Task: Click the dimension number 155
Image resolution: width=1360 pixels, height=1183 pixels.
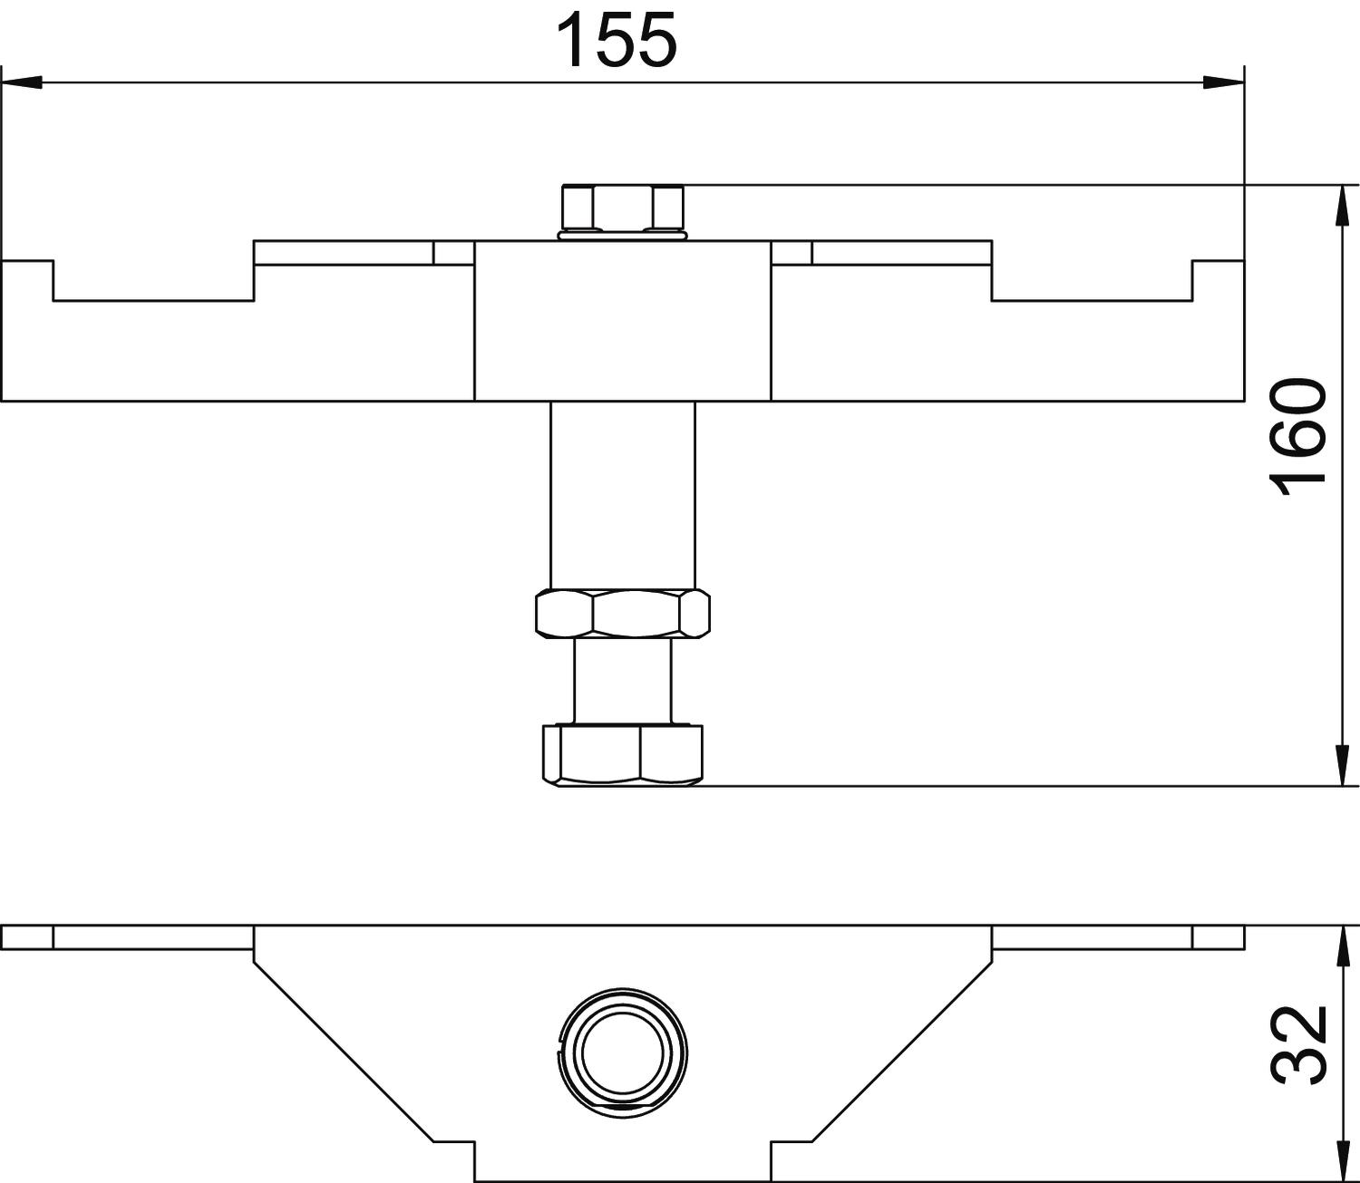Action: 617,41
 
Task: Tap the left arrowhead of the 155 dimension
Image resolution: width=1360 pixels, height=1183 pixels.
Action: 21,82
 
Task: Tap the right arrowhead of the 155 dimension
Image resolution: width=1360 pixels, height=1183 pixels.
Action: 1223,82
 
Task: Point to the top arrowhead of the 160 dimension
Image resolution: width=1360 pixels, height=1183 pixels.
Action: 1343,206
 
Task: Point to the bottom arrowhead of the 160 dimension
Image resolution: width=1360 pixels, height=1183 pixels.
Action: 1343,765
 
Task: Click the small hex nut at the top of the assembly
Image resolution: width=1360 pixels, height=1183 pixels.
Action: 623,207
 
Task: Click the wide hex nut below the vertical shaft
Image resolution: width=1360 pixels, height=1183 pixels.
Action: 623,613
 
